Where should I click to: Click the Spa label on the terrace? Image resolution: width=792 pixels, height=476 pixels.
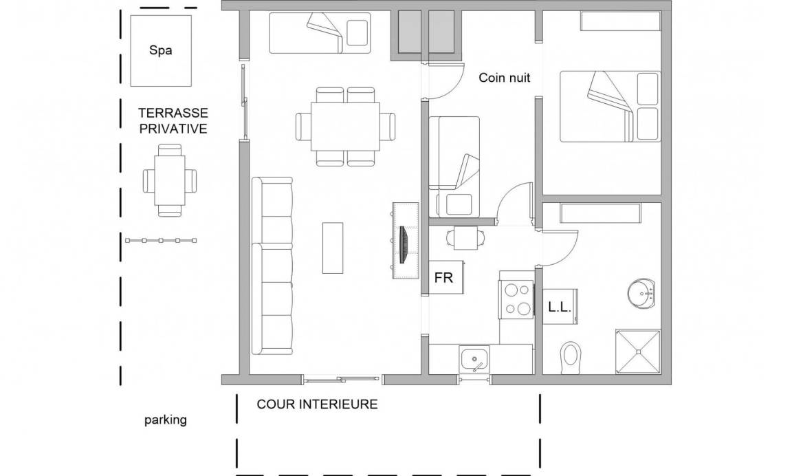pos(161,50)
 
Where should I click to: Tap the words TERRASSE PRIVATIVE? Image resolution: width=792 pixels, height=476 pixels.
pos(173,121)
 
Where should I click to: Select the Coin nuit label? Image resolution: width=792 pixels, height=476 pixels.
pos(504,77)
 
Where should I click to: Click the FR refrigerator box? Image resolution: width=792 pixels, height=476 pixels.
pos(446,277)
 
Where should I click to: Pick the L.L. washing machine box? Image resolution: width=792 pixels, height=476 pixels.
pos(560,306)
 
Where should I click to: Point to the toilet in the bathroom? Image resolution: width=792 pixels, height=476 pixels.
pos(571,358)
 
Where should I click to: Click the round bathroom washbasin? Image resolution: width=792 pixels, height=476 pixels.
pos(641,292)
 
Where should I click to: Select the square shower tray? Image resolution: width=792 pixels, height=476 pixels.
pos(638,351)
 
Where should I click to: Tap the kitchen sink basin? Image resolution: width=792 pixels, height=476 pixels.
pos(474,360)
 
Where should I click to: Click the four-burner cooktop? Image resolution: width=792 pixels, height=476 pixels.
pos(516,300)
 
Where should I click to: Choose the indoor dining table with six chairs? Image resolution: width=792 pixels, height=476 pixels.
pos(346,127)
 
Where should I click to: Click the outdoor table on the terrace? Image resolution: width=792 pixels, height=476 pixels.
pos(170,180)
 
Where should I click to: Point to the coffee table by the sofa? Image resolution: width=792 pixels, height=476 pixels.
pos(333,248)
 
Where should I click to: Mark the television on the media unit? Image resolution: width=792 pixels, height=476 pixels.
pos(403,245)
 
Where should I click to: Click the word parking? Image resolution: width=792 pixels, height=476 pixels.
pos(166,420)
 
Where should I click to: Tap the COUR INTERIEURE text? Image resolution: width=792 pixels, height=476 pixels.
pos(317,404)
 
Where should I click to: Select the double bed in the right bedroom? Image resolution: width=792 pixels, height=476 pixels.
pos(610,106)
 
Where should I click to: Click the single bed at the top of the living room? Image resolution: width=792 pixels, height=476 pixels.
pos(320,33)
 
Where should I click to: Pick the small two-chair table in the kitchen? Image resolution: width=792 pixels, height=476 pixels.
pos(465,238)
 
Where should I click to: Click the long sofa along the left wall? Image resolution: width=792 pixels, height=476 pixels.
pos(272,266)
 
